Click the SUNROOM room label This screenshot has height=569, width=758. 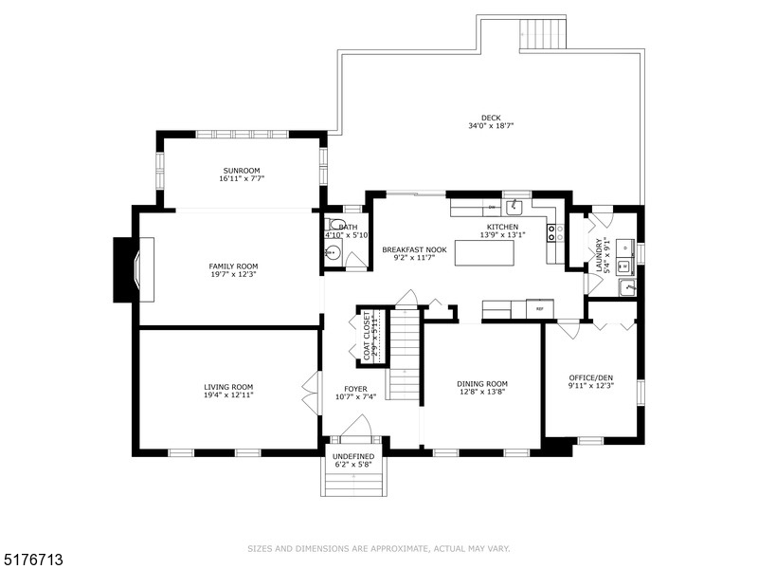coord(242,171)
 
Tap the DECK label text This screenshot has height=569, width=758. coord(491,118)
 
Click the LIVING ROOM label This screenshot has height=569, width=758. coord(228,387)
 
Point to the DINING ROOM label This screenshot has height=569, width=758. coord(483,383)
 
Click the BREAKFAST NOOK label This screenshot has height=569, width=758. coord(407,250)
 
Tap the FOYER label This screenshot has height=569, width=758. coord(355,389)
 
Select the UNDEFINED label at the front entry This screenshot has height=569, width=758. coord(353,457)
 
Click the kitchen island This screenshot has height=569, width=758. coord(485,253)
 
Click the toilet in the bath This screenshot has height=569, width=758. coord(335,226)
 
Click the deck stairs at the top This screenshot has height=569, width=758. coord(543,34)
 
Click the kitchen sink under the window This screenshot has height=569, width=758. coord(515,205)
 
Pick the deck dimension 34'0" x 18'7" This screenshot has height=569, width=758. coord(491,126)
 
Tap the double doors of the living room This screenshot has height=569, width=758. coord(309,391)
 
